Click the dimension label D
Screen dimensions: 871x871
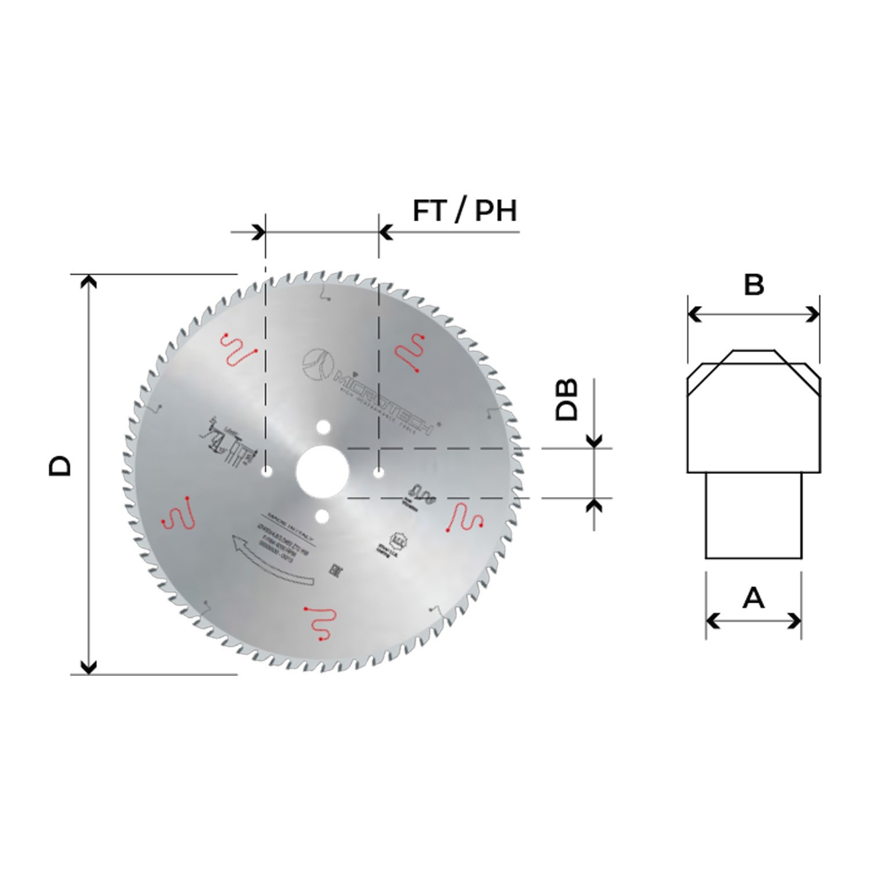click(x=60, y=466)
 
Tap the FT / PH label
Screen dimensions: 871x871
click(x=465, y=211)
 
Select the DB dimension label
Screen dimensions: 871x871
click(x=567, y=399)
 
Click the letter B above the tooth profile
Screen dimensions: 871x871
click(x=754, y=285)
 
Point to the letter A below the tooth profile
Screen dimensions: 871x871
click(x=754, y=598)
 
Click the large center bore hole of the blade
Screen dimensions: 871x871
click(x=322, y=472)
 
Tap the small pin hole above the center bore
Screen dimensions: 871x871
click(x=323, y=427)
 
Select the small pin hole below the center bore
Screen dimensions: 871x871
click(x=323, y=516)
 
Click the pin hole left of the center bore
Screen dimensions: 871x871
click(x=267, y=473)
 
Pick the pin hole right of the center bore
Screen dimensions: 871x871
click(x=379, y=473)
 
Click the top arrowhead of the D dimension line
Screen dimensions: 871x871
click(x=88, y=282)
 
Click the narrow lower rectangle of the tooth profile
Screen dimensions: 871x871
click(x=753, y=515)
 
